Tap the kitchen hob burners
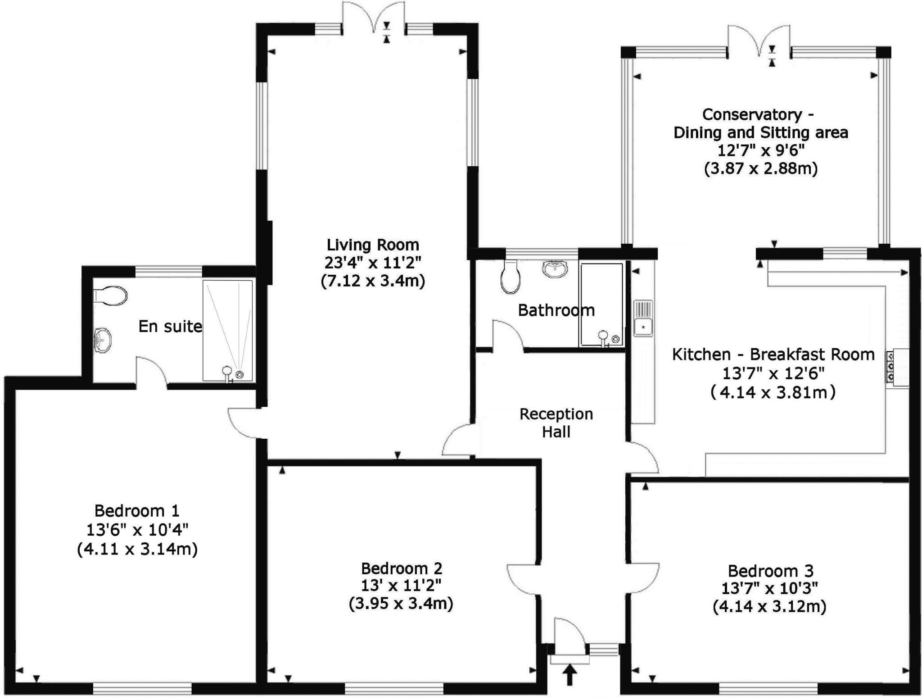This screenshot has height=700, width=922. click(891, 368)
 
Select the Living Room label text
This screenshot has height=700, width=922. click(373, 245)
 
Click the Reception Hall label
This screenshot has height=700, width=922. click(556, 423)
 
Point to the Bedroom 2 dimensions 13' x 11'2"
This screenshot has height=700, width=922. click(401, 585)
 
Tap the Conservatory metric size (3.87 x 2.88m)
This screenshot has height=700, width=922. click(760, 168)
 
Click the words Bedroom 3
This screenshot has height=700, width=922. click(771, 571)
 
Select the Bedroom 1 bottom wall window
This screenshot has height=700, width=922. click(142, 688)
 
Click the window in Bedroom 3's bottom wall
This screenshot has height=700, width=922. click(768, 688)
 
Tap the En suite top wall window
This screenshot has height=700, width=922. click(169, 271)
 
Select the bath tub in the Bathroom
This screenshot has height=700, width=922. click(601, 305)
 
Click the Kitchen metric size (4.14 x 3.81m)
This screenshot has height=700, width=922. click(773, 392)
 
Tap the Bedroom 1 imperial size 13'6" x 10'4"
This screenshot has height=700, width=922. click(137, 530)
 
